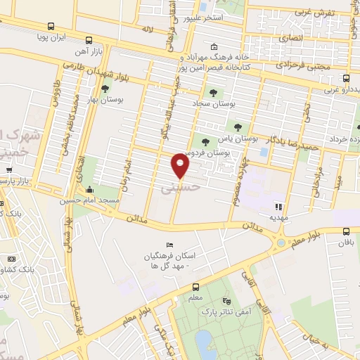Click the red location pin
coord(181,165)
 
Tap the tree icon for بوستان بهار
coord(105,89)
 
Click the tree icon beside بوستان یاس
coord(238,127)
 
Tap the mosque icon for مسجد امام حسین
coord(89,190)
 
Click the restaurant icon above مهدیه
coord(279,207)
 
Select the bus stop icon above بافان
coord(345,231)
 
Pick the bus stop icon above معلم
coord(195,286)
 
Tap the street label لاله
coord(146,30)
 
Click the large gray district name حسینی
coord(176,188)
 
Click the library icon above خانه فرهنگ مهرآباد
coord(213,46)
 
